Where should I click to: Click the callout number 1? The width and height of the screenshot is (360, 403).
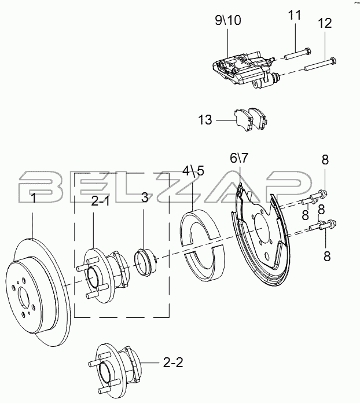(33, 199)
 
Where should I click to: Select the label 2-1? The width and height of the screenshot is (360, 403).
(101, 201)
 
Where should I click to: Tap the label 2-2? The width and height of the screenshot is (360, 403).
(173, 362)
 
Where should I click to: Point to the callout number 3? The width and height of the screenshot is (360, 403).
(145, 198)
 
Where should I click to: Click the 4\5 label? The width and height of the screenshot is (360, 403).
(193, 170)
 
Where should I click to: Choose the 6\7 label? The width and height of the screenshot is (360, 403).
(239, 158)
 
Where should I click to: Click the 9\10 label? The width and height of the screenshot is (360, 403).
(228, 20)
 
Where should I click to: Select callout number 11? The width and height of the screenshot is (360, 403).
(294, 15)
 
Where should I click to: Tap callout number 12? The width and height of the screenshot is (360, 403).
(325, 23)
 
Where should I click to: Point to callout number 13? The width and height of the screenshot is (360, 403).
(205, 120)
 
